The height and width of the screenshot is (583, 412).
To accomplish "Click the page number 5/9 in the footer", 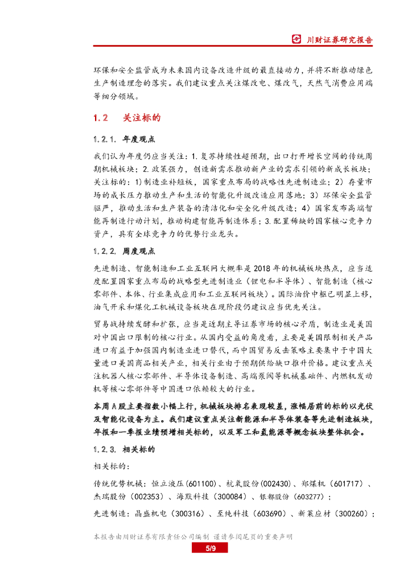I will pyautogui.click(x=210, y=548).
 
